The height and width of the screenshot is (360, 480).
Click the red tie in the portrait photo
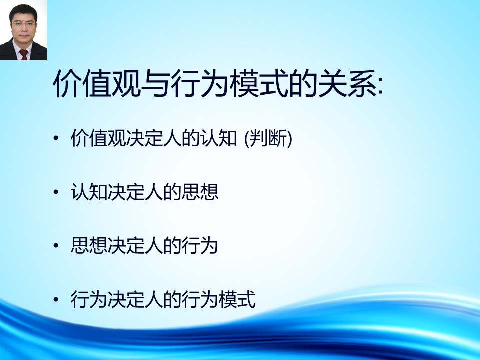24,55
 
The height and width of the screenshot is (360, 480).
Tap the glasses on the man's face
23,24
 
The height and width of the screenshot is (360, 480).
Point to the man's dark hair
23,12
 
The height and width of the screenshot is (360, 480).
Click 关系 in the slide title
347,83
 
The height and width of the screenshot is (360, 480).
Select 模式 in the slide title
259,83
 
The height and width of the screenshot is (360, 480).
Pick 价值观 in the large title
97,83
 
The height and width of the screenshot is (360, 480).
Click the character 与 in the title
156,83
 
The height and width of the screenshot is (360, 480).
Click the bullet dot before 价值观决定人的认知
55,138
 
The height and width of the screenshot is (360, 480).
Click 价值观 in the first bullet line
98,138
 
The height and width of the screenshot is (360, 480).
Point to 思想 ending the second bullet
200,192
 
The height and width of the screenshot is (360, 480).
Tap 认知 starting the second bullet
89,192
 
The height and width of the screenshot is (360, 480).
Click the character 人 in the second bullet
153,192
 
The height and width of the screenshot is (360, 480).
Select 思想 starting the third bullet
89,246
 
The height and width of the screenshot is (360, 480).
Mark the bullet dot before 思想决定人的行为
55,246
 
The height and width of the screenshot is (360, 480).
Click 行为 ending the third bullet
200,246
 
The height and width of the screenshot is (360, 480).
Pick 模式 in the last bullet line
237,299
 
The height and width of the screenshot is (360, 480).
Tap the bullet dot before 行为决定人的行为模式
55,299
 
